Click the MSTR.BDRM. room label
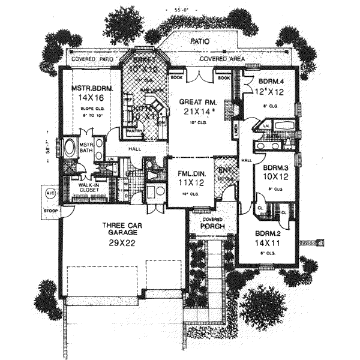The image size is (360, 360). (x=89, y=88)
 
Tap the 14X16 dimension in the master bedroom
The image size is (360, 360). (x=88, y=97)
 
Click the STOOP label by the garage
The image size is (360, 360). (x=49, y=211)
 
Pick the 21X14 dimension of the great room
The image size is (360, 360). (x=194, y=112)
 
